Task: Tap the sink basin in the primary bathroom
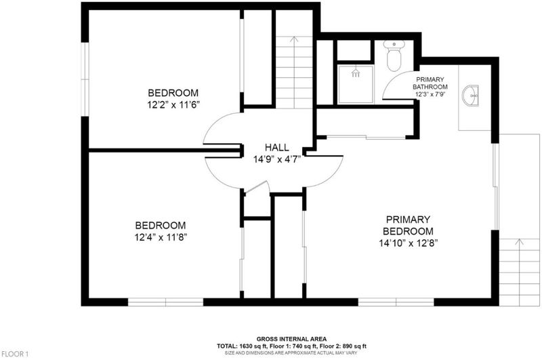pyautogui.click(x=470, y=94)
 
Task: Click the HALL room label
pyautogui.click(x=277, y=147)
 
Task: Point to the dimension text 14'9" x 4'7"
pyautogui.click(x=277, y=159)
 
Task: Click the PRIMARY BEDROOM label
pyautogui.click(x=409, y=225)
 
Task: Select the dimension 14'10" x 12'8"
pyautogui.click(x=409, y=243)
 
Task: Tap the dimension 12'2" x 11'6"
pyautogui.click(x=173, y=105)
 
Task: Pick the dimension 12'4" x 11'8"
pyautogui.click(x=161, y=237)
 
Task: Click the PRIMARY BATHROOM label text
pyautogui.click(x=430, y=83)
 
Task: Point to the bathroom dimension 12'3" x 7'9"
pyautogui.click(x=430, y=94)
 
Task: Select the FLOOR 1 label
pyautogui.click(x=15, y=354)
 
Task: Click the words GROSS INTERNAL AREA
pyautogui.click(x=291, y=339)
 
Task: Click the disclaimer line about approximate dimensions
pyautogui.click(x=291, y=353)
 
